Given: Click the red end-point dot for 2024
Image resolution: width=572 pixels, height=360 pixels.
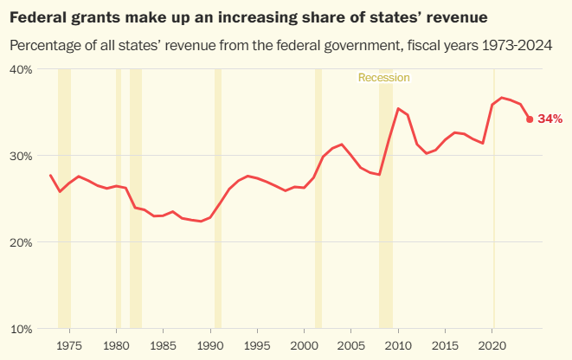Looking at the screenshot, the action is pyautogui.click(x=530, y=119).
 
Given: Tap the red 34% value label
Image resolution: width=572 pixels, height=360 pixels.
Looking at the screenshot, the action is pyautogui.click(x=550, y=119).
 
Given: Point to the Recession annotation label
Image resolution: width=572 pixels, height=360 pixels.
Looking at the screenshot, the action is pyautogui.click(x=383, y=78).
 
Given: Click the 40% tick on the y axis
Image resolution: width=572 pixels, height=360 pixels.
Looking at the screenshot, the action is pyautogui.click(x=21, y=69).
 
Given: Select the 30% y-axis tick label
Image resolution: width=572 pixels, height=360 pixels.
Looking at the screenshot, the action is pyautogui.click(x=21, y=156).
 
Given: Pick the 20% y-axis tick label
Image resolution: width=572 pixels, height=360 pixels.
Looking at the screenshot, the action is pyautogui.click(x=21, y=242).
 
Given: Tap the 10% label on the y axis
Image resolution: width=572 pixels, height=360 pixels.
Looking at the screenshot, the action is pyautogui.click(x=21, y=330).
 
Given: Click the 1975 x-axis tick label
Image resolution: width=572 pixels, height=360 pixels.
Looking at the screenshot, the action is pyautogui.click(x=69, y=345).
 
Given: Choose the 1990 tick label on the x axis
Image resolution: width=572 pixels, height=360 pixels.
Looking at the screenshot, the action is pyautogui.click(x=210, y=345).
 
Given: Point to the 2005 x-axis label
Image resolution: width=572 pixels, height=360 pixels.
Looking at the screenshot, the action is pyautogui.click(x=351, y=345).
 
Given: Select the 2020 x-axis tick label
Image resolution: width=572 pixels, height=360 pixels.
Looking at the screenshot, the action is pyautogui.click(x=492, y=345).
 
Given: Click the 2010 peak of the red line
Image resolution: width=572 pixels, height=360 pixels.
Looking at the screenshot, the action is pyautogui.click(x=398, y=108).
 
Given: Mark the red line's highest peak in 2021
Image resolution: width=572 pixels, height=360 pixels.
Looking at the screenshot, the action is pyautogui.click(x=502, y=98).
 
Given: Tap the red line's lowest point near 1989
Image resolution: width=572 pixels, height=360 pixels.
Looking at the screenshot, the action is pyautogui.click(x=201, y=221).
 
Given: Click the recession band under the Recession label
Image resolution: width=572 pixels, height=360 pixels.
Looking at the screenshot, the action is pyautogui.click(x=386, y=199).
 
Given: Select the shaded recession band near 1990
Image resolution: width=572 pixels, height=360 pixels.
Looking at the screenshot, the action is pyautogui.click(x=218, y=199).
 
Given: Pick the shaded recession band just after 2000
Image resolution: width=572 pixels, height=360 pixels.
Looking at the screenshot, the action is pyautogui.click(x=318, y=199).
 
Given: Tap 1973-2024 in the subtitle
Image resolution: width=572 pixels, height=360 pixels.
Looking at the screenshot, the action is pyautogui.click(x=517, y=46).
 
